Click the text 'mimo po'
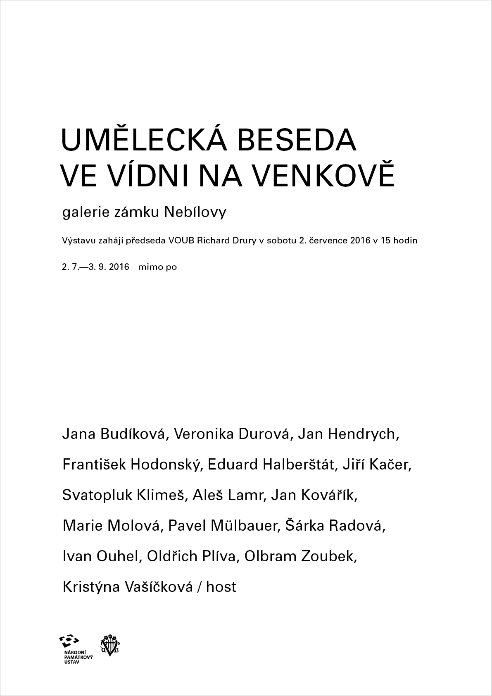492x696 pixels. click(157, 267)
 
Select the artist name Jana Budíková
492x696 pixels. click(114, 434)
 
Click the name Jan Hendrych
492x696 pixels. click(348, 434)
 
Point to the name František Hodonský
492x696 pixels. click(131, 465)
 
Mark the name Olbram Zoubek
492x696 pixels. click(301, 556)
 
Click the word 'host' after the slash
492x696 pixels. click(221, 587)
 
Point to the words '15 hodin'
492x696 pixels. click(399, 241)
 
